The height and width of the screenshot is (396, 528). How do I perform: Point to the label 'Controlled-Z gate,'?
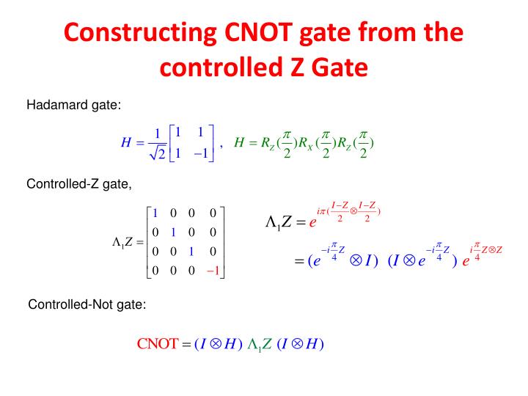tap(79, 183)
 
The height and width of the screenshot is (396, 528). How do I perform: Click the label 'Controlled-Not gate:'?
tap(87, 304)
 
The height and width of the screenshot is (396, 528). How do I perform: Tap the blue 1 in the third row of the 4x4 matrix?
tap(193, 252)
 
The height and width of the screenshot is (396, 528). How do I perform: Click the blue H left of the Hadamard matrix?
tap(125, 143)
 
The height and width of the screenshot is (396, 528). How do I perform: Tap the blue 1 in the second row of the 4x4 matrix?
tap(174, 232)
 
